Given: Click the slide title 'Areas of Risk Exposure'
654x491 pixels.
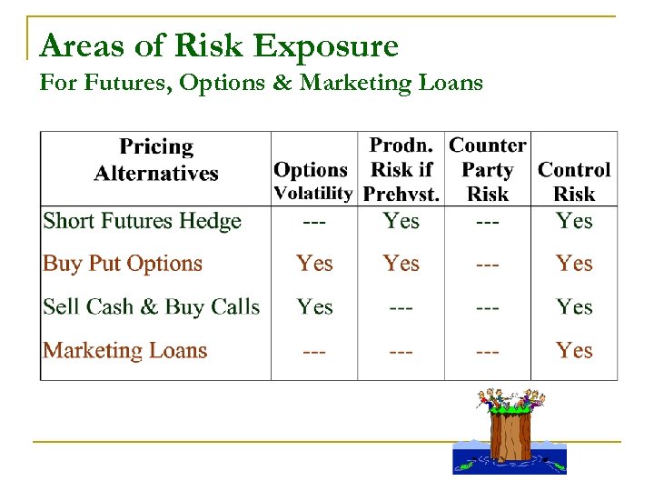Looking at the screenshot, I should tap(219, 45).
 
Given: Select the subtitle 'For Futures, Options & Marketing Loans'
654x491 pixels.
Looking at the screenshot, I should tap(262, 84).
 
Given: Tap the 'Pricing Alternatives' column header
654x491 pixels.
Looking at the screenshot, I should tap(156, 160).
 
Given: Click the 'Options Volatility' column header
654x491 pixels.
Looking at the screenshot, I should tap(312, 181).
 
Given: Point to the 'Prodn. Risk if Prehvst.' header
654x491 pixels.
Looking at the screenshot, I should tap(401, 170).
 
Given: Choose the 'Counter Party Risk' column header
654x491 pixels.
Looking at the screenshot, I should tap(487, 170).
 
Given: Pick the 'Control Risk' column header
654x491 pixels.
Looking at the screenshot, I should tap(574, 181).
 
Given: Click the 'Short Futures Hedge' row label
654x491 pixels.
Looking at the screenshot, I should tap(142, 221).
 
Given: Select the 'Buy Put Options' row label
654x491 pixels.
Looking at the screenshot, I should tap(123, 264).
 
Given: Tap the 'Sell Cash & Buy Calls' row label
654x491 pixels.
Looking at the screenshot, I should tap(152, 307).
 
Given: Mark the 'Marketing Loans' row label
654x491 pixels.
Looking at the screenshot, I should tap(125, 350).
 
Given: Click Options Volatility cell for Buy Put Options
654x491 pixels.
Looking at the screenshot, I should tap(314, 264).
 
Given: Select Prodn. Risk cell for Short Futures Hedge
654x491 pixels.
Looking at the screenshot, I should tap(401, 221).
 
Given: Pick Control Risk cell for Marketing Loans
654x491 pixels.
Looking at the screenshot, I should tap(574, 350).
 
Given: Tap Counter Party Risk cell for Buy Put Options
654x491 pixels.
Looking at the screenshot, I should tap(487, 264).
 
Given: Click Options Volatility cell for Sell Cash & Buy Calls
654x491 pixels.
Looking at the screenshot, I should tap(314, 307).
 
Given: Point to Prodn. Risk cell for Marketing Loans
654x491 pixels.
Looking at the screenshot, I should tap(401, 350).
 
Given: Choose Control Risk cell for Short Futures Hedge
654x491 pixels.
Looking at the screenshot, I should tap(574, 221).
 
